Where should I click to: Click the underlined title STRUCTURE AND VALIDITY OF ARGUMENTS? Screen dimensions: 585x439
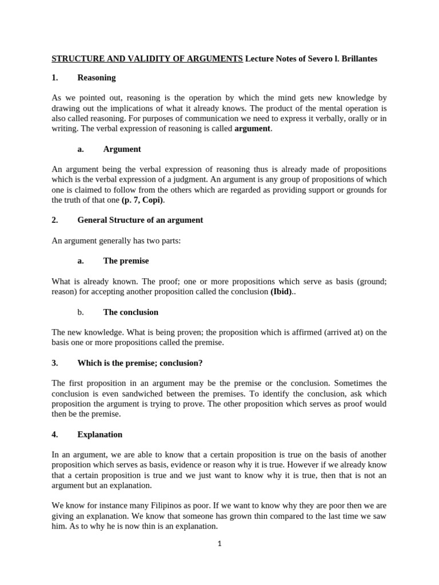147,59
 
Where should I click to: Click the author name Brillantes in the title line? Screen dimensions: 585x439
354,59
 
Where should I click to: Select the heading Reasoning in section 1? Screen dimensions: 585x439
96,77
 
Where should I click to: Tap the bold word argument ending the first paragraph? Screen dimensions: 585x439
253,129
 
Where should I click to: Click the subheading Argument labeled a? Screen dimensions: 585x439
122,149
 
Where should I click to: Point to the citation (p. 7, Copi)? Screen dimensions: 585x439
146,200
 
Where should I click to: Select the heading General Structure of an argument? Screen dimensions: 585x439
140,220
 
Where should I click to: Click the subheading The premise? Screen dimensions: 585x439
126,261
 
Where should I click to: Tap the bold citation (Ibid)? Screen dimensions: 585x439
283,291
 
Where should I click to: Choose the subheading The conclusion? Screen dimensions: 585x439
130,312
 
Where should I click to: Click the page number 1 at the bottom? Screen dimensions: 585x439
219,543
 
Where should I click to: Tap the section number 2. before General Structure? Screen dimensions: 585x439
55,220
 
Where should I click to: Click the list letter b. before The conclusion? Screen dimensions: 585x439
81,312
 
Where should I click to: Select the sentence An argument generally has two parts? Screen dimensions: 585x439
116,241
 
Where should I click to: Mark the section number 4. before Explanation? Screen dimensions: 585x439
55,434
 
